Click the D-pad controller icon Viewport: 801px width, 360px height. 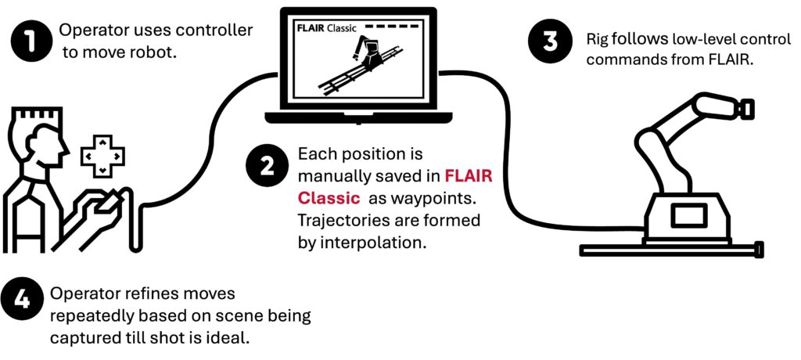pyautogui.click(x=102, y=156)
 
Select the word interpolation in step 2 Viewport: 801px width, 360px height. pyautogui.click(x=375, y=243)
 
